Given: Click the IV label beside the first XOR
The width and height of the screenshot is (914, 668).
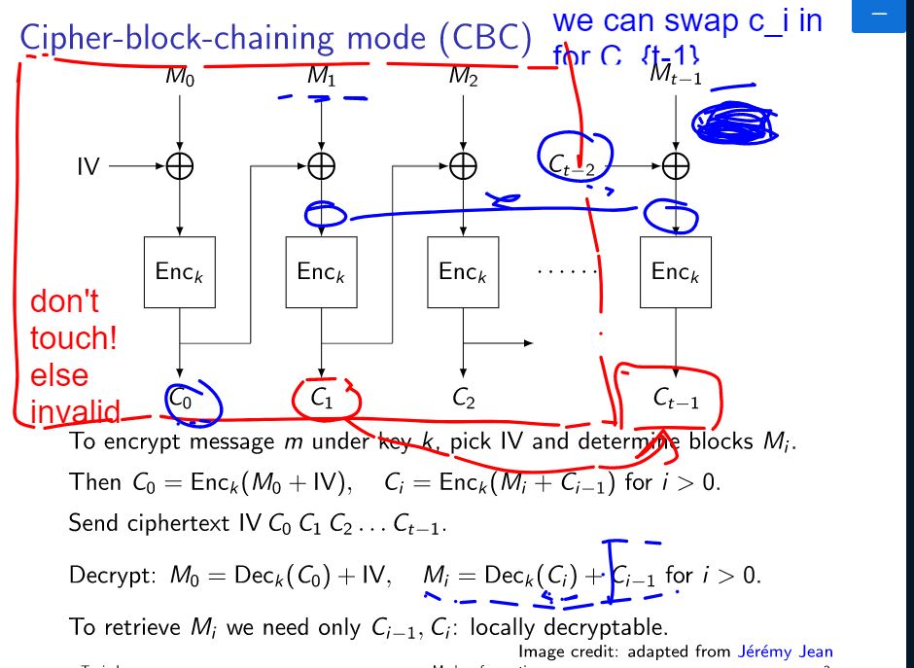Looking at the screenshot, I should coord(88,167).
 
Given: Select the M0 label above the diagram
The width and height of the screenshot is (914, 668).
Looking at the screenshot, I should coord(180,77).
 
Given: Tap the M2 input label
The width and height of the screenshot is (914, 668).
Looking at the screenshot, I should coord(463,77).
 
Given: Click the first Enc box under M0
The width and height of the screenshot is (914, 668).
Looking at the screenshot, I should coord(179,271).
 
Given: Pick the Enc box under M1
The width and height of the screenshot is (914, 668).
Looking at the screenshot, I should coord(321,271).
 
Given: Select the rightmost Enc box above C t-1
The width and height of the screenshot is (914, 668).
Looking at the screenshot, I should coord(675,271).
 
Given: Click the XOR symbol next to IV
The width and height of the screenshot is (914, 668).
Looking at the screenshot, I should coord(180,167).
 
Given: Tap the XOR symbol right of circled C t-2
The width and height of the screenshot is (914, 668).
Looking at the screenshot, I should coord(675,167).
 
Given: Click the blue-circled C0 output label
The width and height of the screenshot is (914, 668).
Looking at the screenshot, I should coord(181,397).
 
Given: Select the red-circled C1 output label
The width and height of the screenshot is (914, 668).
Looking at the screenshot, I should coord(322,397).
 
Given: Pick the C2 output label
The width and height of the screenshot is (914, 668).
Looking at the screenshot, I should coord(464,397).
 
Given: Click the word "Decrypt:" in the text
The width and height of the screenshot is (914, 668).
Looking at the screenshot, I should coord(106,575).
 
